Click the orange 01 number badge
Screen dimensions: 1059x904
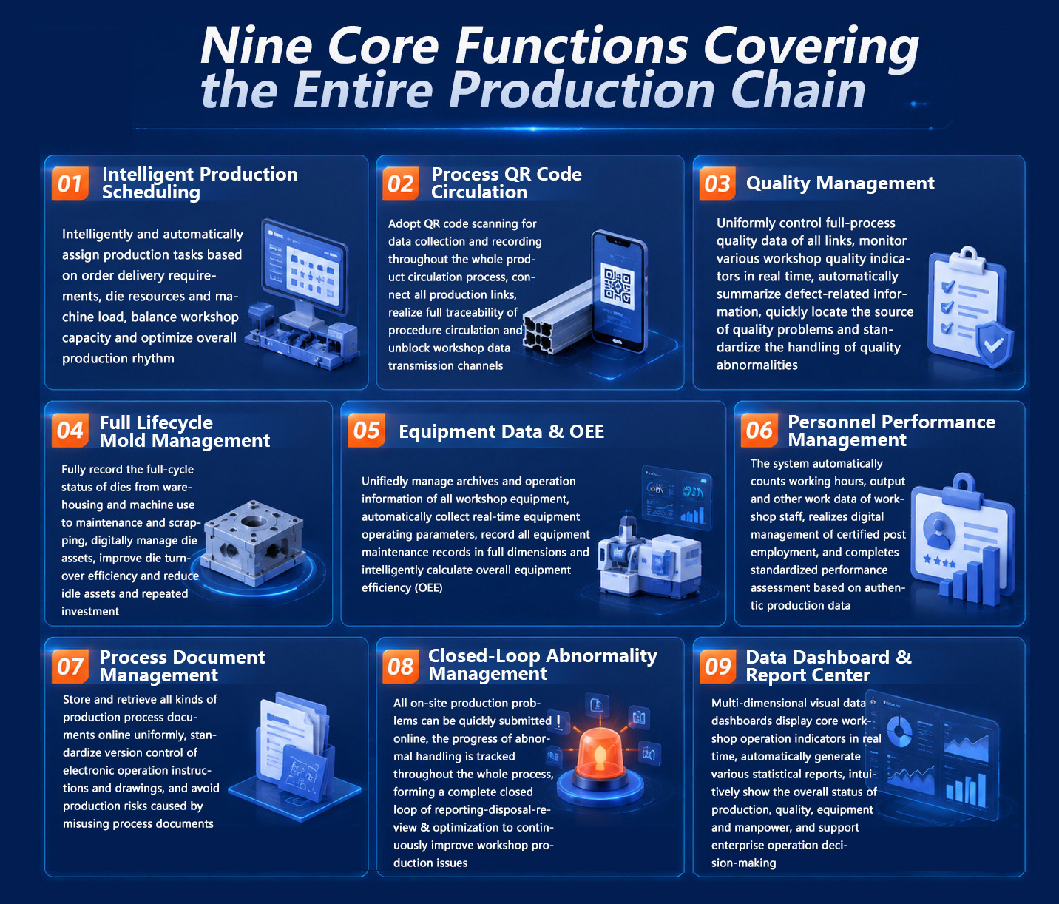pos(70,183)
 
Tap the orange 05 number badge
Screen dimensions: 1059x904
pos(366,430)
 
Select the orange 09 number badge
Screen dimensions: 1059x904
pos(718,667)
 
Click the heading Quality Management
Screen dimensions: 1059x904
pos(839,183)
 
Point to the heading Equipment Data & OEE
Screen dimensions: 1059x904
pos(501,431)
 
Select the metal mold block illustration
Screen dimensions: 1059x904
pos(253,542)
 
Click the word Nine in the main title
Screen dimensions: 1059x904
pos(256,46)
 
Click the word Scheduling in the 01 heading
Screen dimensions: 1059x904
pos(151,192)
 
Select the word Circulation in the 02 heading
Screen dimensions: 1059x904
pos(479,192)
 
